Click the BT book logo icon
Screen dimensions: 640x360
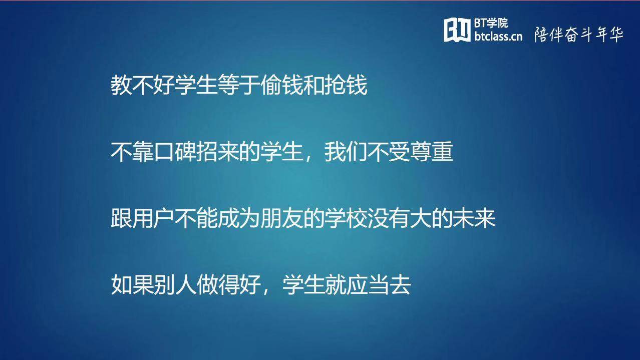pyautogui.click(x=457, y=30)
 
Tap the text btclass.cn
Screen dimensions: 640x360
pyautogui.click(x=498, y=36)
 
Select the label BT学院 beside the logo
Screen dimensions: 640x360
pyautogui.click(x=491, y=23)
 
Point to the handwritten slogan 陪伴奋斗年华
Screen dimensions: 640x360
pyautogui.click(x=578, y=35)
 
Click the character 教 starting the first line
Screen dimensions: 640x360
pyautogui.click(x=121, y=85)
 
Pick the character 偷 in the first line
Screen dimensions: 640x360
pyautogui.click(x=271, y=85)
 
